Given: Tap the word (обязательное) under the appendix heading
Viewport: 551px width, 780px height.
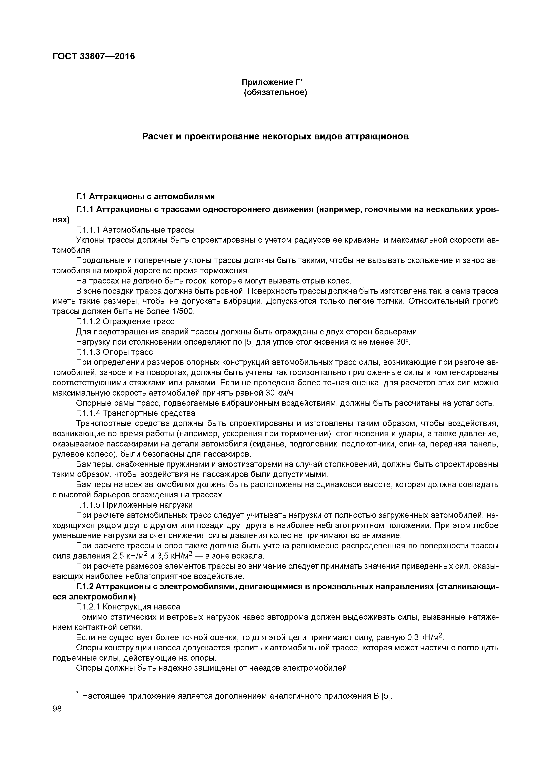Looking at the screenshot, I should point(275,92).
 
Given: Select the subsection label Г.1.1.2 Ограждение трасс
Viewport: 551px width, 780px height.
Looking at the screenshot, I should point(125,321).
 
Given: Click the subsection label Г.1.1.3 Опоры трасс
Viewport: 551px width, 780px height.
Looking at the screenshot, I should point(114,352).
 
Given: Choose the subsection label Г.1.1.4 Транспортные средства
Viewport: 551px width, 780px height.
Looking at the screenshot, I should point(136,413).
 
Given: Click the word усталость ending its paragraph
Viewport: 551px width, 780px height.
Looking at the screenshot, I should point(474,403).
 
